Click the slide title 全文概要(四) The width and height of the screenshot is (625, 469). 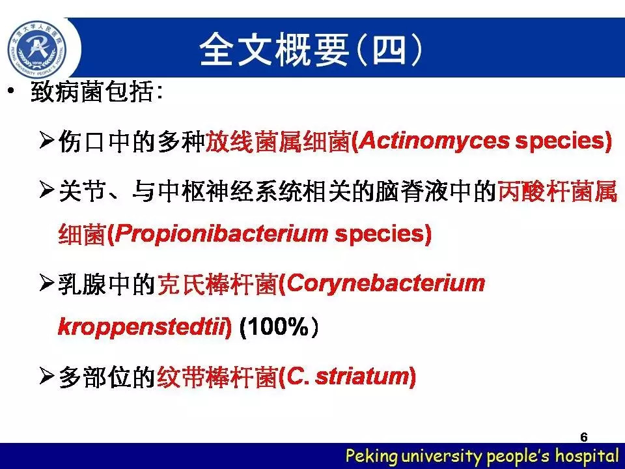pyautogui.click(x=311, y=50)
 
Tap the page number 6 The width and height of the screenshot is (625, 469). pyautogui.click(x=584, y=437)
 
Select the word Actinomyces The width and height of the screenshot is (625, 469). pyautogui.click(x=434, y=141)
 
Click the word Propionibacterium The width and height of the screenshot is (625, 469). pyautogui.click(x=221, y=234)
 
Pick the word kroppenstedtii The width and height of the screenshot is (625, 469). pyautogui.click(x=142, y=328)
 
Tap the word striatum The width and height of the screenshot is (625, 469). pyautogui.click(x=362, y=377)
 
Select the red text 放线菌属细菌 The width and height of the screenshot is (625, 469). pyautogui.click(x=278, y=141)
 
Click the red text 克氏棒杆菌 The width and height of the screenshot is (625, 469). pyautogui.click(x=217, y=285)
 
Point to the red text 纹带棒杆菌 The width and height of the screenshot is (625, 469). pyautogui.click(x=217, y=377)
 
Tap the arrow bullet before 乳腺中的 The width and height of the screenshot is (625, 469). pyautogui.click(x=47, y=283)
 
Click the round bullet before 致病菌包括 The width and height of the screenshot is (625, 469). pyautogui.click(x=11, y=91)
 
